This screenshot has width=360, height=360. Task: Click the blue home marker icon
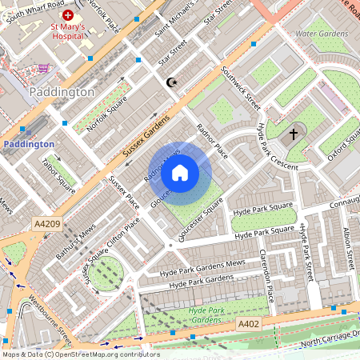(180, 172)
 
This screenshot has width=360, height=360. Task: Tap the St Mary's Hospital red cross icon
(68, 16)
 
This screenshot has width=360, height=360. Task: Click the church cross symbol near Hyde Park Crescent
(294, 134)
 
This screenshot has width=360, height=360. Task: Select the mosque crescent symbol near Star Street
(170, 82)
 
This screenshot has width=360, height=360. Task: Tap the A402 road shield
(249, 323)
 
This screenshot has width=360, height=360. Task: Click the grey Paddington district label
(62, 92)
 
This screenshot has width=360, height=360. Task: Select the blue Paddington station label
(28, 144)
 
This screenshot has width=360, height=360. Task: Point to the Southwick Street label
(242, 89)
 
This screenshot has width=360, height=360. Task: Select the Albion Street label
(347, 249)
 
